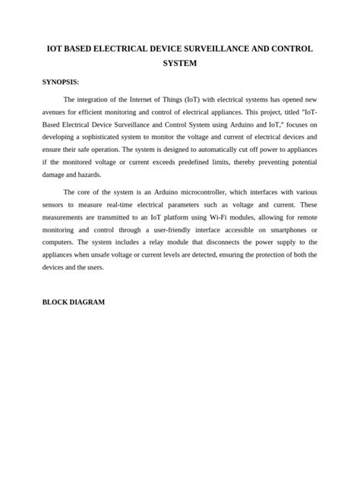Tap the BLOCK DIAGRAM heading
coord(73,302)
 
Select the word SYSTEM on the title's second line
coord(180,64)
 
